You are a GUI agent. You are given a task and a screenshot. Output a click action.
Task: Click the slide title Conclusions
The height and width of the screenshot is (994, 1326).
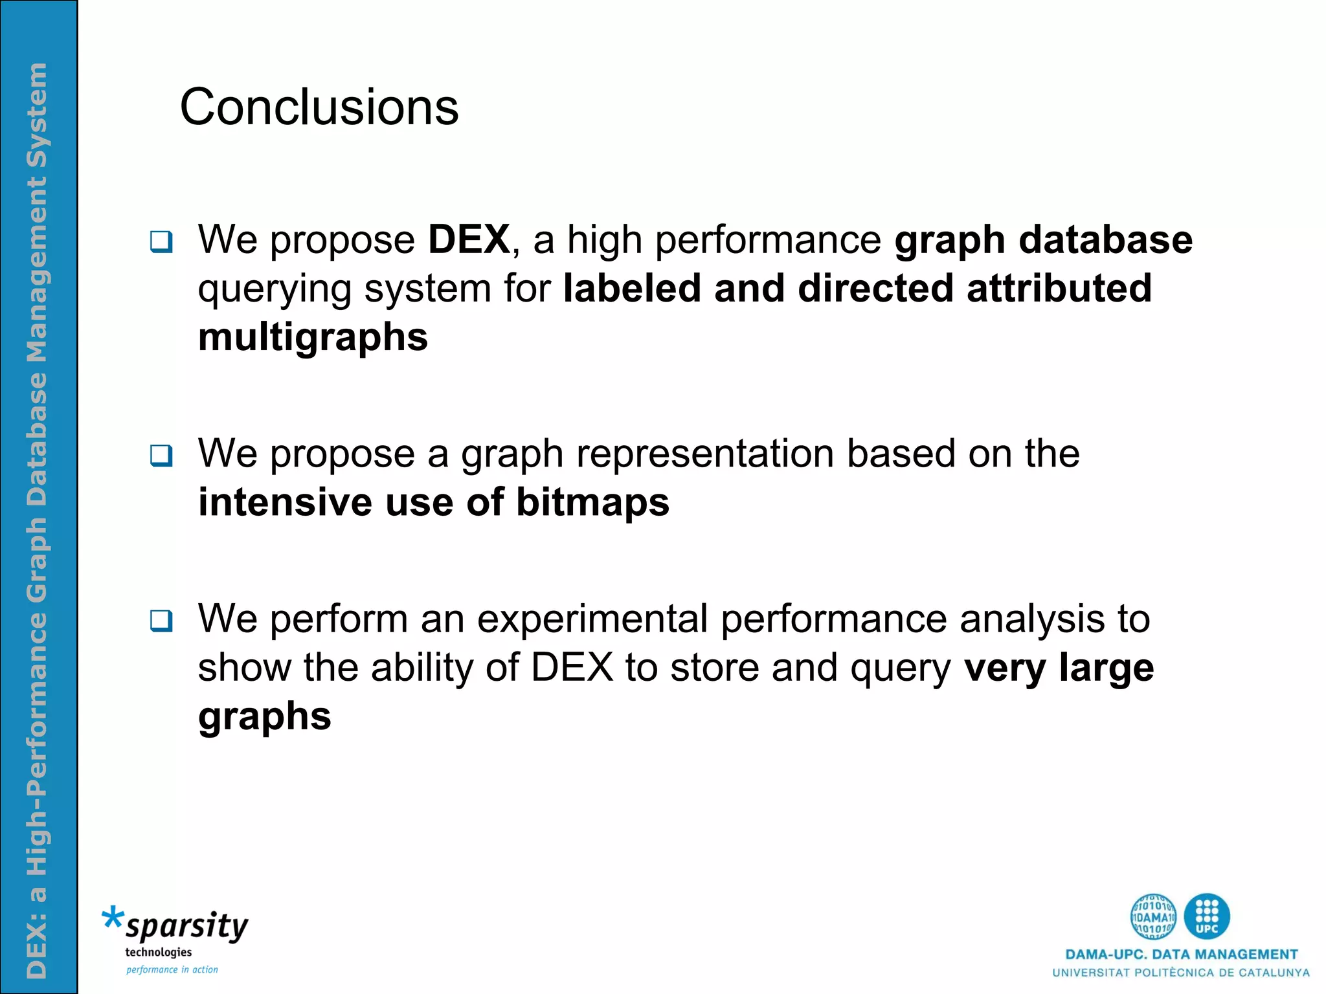tap(319, 107)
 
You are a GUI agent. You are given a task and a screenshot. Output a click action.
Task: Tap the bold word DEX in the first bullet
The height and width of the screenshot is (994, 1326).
tap(469, 239)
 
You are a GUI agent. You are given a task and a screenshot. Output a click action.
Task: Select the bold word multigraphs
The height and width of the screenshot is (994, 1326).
tap(313, 337)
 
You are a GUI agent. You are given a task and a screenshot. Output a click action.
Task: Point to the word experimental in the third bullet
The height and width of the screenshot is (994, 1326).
tap(592, 619)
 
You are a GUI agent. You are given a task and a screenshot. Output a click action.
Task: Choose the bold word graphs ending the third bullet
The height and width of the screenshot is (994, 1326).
tap(264, 716)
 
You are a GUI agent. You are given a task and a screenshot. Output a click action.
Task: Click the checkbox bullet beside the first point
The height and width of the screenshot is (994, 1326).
tap(161, 242)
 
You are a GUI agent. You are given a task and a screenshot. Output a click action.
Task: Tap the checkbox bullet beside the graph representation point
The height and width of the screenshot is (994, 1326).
tap(161, 456)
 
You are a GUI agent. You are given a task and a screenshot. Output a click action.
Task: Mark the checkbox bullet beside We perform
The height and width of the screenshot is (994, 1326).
tap(161, 621)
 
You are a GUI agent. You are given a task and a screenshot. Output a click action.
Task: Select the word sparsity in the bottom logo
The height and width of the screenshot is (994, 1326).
tap(187, 927)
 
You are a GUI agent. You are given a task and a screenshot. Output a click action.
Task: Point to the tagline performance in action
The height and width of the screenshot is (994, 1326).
tap(172, 969)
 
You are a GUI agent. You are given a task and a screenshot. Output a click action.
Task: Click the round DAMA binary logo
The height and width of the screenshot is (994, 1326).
tap(1153, 916)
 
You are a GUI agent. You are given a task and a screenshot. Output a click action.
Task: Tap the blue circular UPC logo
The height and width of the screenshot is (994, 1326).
tap(1207, 916)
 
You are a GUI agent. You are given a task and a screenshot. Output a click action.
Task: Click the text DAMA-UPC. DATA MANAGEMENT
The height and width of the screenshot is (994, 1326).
tap(1181, 955)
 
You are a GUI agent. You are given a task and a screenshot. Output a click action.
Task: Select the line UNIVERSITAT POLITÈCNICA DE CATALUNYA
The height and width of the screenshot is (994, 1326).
tap(1181, 973)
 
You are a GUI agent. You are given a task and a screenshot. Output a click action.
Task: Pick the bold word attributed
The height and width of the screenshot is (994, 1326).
tap(1059, 288)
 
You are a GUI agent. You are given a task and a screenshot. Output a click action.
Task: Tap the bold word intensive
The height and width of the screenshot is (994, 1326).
tap(285, 502)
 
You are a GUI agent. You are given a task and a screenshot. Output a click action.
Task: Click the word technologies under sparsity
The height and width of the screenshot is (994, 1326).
tap(158, 952)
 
